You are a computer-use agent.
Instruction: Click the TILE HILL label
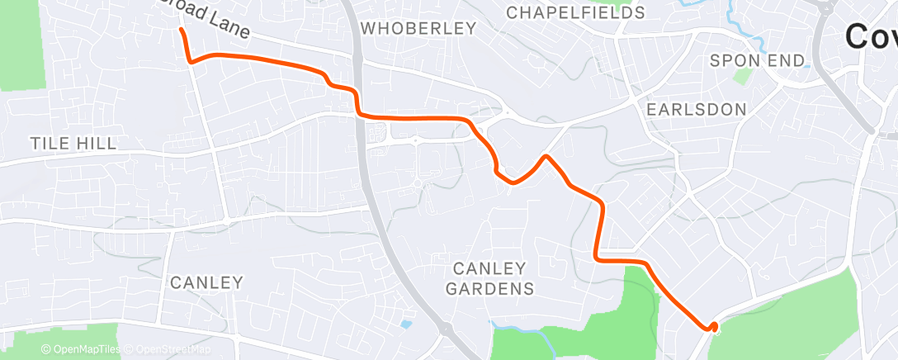73,144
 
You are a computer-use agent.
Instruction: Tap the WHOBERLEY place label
418,28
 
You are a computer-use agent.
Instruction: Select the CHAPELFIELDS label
575,12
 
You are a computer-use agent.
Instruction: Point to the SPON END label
757,60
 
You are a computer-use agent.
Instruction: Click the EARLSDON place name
697,109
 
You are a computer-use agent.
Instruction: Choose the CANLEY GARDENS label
489,278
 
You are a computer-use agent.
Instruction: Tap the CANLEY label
206,282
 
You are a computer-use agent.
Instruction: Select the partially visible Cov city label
871,36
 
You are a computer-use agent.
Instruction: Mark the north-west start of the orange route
181,30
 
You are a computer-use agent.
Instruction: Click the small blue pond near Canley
404,324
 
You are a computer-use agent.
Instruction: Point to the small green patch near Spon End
744,76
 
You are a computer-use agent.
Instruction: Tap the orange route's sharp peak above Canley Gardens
546,155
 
